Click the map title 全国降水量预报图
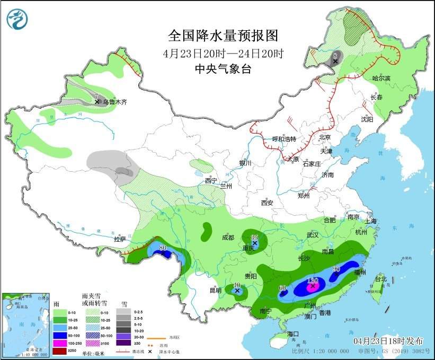[x=223, y=36]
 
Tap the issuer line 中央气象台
[x=223, y=68]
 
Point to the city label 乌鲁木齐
[x=115, y=102]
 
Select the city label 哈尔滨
[x=380, y=78]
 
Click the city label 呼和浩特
[x=283, y=139]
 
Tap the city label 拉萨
[x=120, y=239]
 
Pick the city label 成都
[x=228, y=238]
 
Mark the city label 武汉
[x=313, y=234]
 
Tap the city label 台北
[x=381, y=279]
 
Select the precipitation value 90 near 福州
[x=335, y=269]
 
